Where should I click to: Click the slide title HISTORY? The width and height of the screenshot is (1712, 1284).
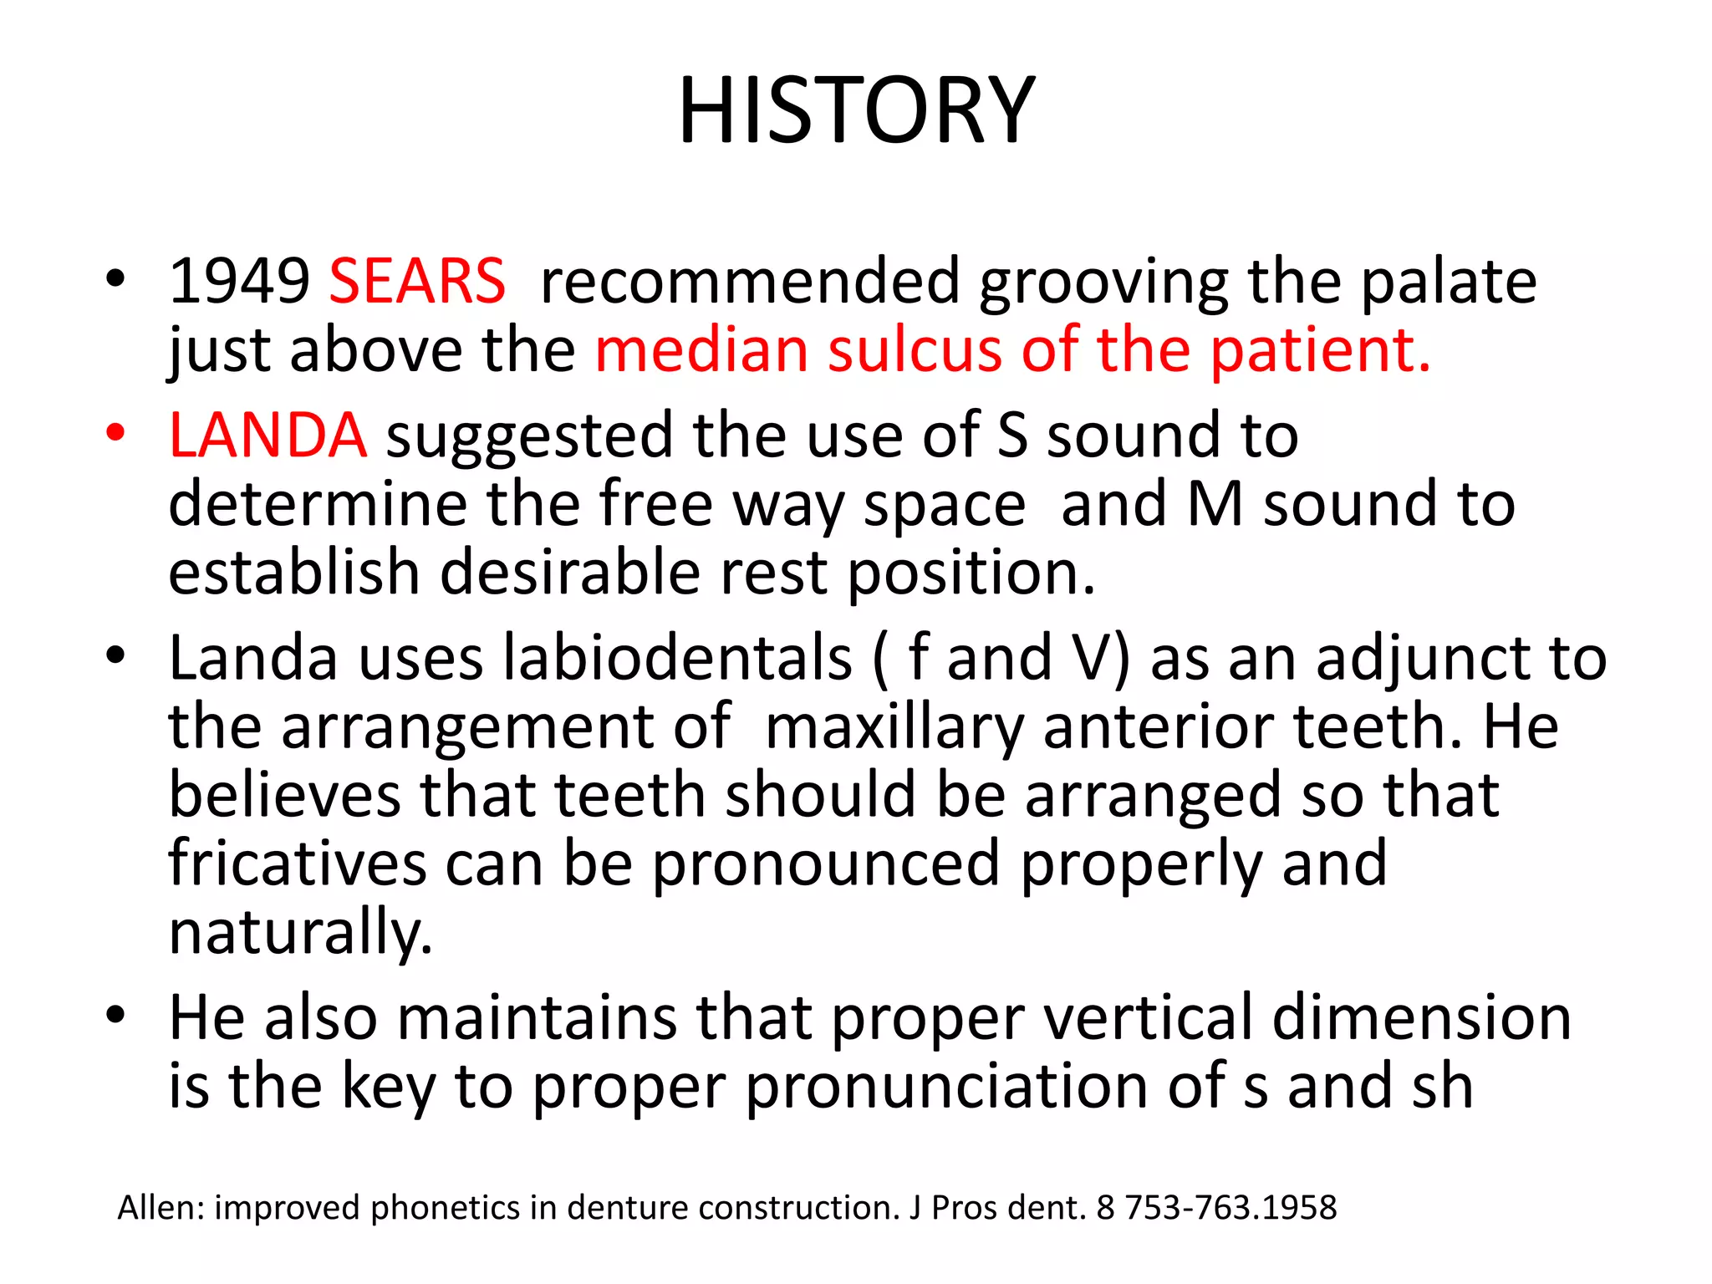coord(856,111)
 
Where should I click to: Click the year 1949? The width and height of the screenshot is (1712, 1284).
coord(239,282)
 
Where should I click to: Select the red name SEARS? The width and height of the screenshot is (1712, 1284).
coord(417,282)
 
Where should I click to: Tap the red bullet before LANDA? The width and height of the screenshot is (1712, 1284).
coord(115,432)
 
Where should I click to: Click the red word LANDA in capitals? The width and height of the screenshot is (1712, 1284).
coord(267,436)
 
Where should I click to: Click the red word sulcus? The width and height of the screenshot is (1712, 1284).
coord(914,350)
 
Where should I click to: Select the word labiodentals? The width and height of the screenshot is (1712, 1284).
coord(677,659)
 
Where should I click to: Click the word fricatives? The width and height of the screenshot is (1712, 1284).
coord(297,864)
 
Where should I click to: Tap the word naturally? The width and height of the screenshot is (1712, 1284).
coord(300,933)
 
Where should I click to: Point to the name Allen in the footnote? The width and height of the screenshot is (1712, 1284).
coord(159,1208)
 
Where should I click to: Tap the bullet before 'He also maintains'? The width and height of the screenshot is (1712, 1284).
coord(115,1015)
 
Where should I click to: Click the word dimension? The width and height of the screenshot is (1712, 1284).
coord(1422,1018)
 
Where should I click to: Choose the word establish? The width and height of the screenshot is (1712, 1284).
coord(293,573)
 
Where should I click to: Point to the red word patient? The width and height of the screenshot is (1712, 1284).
coord(1321,351)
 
